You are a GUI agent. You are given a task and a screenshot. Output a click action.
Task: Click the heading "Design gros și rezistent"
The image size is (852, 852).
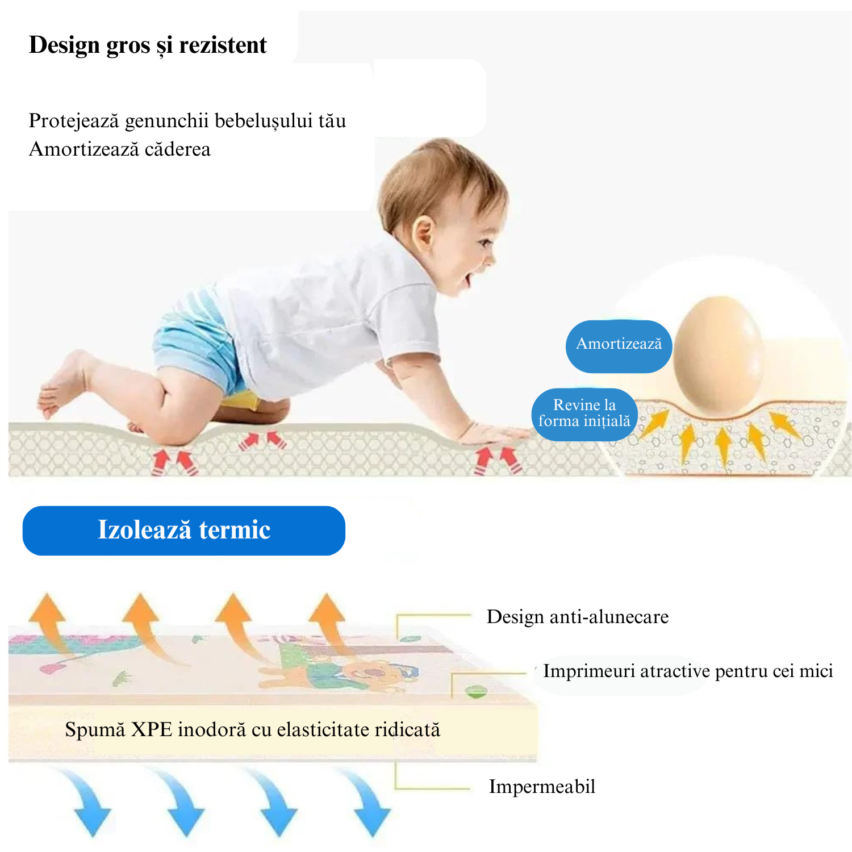click(x=148, y=45)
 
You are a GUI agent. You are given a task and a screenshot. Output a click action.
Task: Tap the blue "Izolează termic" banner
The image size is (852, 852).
click(x=184, y=531)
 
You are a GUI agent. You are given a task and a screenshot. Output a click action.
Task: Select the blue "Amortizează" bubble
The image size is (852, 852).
click(x=619, y=346)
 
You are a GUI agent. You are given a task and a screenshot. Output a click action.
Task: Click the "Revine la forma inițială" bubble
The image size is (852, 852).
click(x=584, y=414)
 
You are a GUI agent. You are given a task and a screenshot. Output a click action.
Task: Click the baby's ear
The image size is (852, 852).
click(x=424, y=237)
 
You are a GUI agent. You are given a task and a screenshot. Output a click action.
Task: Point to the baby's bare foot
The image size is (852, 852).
click(x=62, y=383)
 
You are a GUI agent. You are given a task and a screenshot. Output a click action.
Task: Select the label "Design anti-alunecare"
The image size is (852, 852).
click(x=578, y=617)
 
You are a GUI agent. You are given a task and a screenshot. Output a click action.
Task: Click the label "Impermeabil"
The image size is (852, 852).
click(x=542, y=787)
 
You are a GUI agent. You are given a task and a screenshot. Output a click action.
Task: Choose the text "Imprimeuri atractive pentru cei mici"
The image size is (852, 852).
click(x=688, y=671)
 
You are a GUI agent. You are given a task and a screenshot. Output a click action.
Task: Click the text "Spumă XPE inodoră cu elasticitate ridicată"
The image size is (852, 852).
click(x=253, y=729)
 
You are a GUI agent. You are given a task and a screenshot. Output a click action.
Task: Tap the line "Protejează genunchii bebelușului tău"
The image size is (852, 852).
click(x=187, y=121)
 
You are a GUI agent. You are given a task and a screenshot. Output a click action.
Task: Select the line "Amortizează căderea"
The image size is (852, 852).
click(x=120, y=149)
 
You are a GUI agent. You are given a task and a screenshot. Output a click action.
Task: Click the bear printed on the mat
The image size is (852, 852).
click(x=364, y=673)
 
